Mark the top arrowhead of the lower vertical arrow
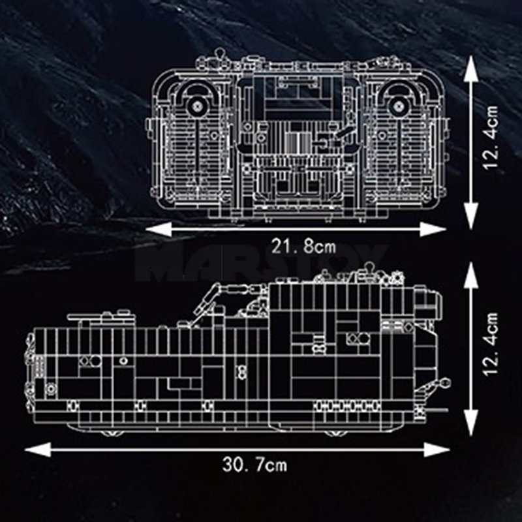pos(472,271)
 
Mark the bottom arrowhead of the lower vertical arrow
pos(472,424)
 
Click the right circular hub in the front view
pos(397,104)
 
